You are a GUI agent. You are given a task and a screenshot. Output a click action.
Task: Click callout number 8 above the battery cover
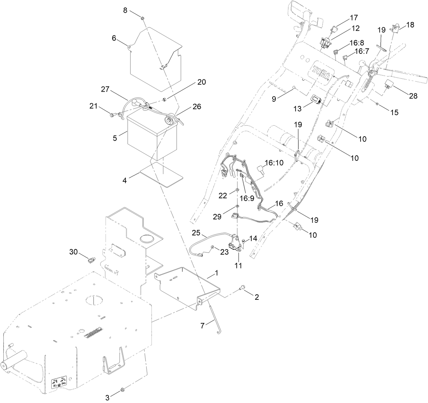pos(125,10)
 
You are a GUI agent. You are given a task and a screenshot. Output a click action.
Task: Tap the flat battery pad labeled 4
pos(162,174)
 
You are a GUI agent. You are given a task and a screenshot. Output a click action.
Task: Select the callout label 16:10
pos(274,163)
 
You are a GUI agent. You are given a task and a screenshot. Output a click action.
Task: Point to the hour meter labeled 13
pos(317,100)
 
